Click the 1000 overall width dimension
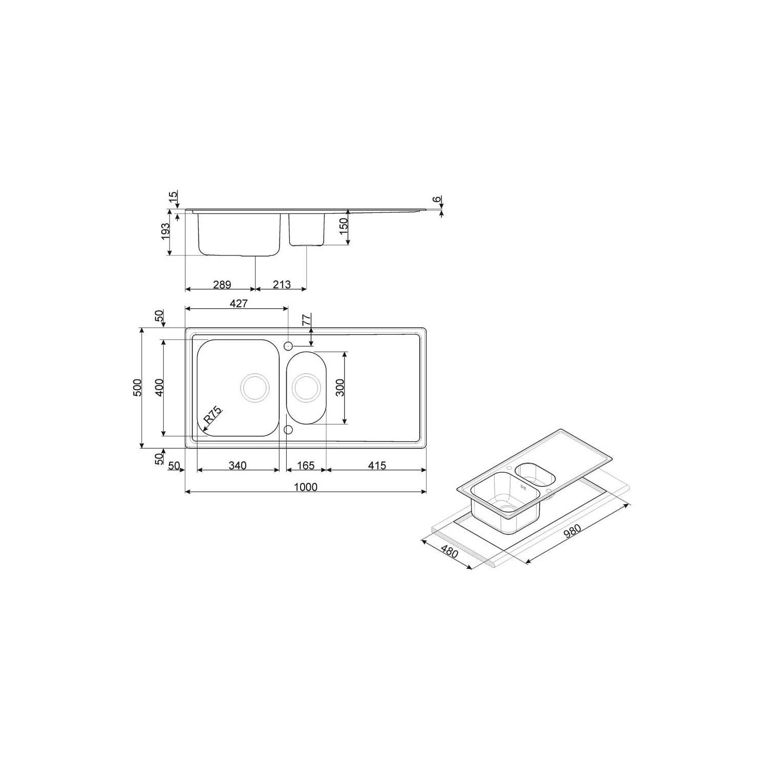pos(306,486)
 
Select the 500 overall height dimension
pos(137,388)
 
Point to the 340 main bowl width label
pos(238,465)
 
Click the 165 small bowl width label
pos(306,465)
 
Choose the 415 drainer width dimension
pos(376,465)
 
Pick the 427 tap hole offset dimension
pos(239,303)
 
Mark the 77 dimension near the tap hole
pos(307,321)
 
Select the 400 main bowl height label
pos(159,388)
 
